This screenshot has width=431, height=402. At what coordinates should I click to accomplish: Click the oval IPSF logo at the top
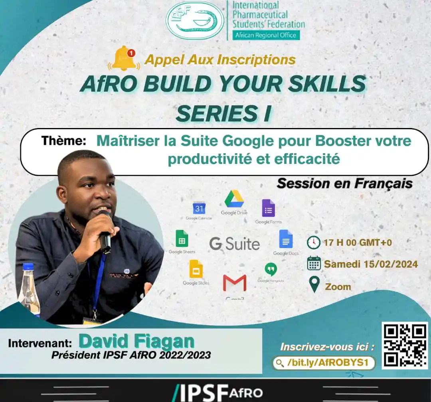tap(195, 20)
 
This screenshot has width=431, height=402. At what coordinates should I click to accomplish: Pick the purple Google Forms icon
tap(268, 208)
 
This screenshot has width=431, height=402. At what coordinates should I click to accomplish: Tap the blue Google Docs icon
tap(286, 239)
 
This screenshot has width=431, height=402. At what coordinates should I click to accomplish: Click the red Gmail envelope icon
tap(235, 283)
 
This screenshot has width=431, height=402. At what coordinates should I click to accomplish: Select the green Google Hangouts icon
tap(271, 269)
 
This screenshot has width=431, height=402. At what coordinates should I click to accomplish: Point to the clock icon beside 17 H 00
tap(314, 242)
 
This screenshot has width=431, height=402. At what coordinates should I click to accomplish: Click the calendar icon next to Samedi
tap(314, 263)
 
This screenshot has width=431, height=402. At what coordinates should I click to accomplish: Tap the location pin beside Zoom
tap(314, 284)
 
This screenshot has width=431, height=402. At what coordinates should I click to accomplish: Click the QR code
tap(404, 345)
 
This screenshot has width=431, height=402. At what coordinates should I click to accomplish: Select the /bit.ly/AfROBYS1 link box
tap(324, 363)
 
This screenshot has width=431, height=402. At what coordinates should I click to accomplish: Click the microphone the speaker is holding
tap(105, 235)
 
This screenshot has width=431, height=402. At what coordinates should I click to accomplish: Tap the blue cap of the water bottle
tap(28, 266)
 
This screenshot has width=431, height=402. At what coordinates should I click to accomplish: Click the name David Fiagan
tap(136, 341)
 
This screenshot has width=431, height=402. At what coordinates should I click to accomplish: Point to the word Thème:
tap(63, 141)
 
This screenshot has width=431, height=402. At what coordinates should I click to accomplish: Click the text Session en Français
tap(344, 183)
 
